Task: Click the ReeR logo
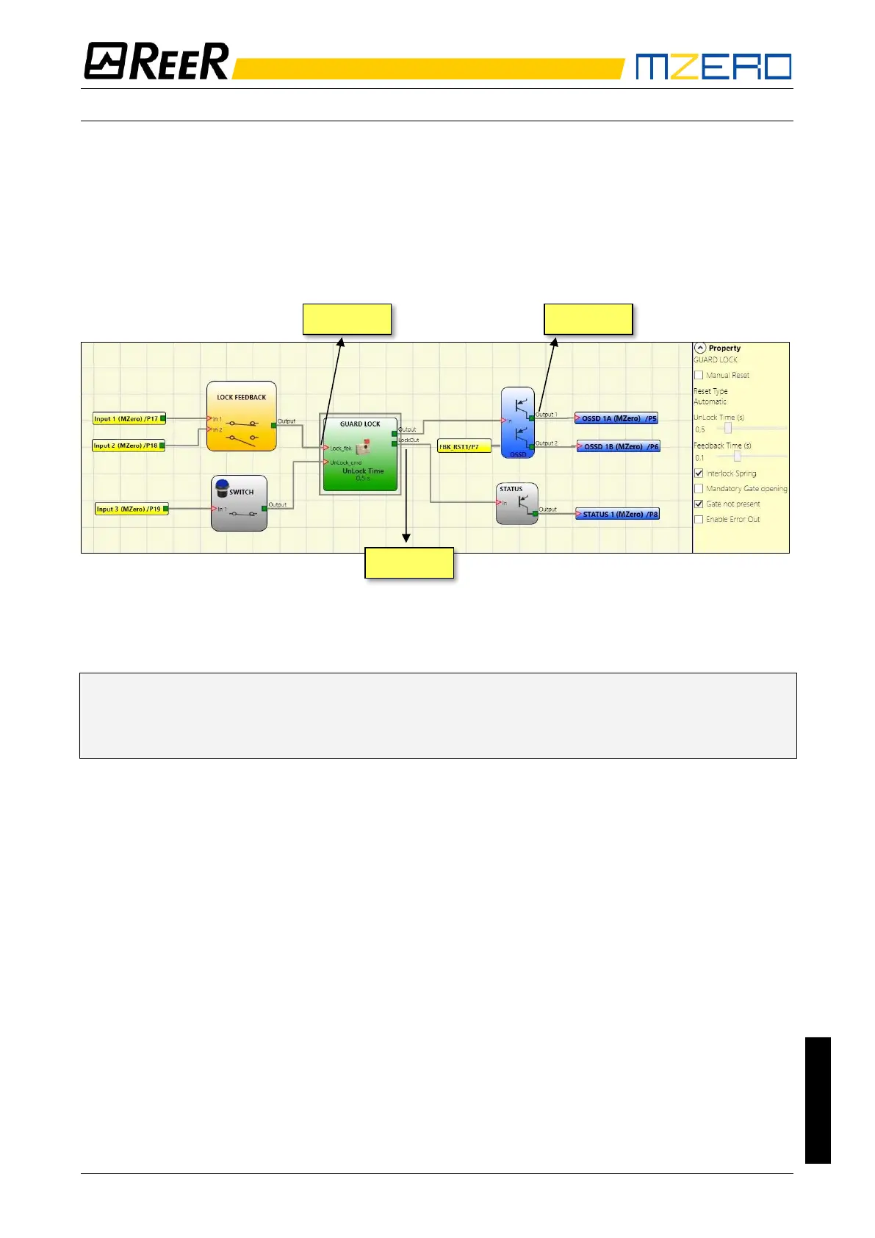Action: [x=156, y=61]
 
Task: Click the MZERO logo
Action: [x=713, y=66]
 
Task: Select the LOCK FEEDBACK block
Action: [x=242, y=416]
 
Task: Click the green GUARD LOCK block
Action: [x=360, y=454]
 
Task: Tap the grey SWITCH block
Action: [x=239, y=504]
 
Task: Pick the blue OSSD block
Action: [x=518, y=423]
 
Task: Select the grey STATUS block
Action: [x=516, y=504]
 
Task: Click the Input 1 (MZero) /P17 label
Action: [x=126, y=419]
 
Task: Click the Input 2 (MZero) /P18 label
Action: [x=126, y=446]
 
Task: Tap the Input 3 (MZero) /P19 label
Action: [x=129, y=509]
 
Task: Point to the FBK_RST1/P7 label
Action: [x=463, y=446]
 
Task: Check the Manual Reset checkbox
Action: [x=699, y=375]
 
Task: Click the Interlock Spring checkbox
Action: [x=699, y=473]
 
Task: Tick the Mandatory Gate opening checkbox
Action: [x=699, y=489]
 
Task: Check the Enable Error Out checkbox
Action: [x=699, y=520]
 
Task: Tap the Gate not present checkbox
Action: [x=699, y=504]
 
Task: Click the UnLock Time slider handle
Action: [x=728, y=428]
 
